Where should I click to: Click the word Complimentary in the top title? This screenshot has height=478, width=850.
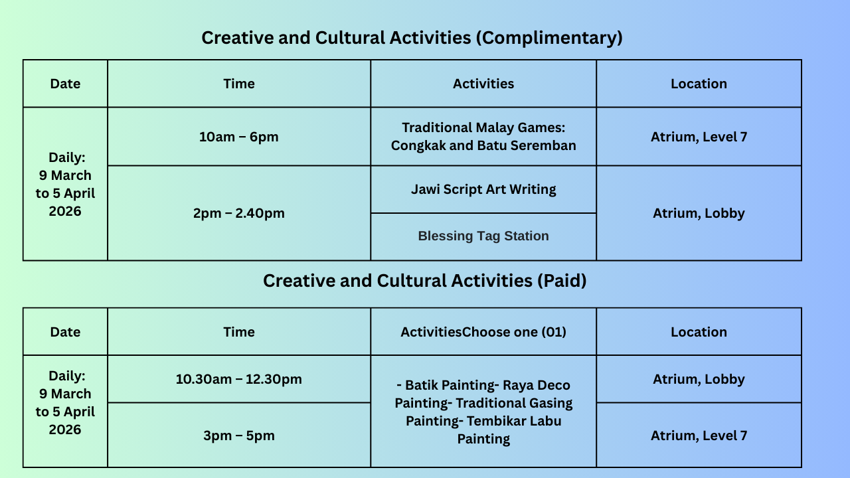point(549,38)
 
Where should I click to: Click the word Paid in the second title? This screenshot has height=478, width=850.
point(562,281)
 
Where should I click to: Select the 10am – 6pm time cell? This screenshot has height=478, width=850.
point(238,137)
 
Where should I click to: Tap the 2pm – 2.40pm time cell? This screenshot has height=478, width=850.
point(238,213)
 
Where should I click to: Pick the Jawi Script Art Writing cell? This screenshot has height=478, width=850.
point(483,189)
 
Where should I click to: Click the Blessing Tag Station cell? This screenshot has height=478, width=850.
point(483,236)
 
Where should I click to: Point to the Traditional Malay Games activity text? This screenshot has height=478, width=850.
point(483,137)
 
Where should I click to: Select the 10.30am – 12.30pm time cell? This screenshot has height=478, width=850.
point(238,379)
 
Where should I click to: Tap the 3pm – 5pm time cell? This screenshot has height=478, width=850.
point(238,435)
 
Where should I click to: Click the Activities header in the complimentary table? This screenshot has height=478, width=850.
point(483,84)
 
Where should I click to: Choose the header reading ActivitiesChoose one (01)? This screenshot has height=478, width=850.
point(483,332)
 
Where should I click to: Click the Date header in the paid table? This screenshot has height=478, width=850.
point(65,332)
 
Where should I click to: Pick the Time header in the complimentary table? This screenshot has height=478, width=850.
point(238,84)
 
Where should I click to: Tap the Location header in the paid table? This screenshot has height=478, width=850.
point(699,332)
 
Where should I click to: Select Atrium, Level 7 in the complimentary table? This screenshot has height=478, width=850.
point(699,137)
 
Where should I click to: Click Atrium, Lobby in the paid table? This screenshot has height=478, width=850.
point(699,379)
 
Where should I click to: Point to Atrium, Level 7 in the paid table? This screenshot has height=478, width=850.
point(699,435)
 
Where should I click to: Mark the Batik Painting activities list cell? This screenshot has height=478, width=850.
point(483,412)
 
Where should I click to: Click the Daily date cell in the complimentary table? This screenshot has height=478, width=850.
point(65,184)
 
